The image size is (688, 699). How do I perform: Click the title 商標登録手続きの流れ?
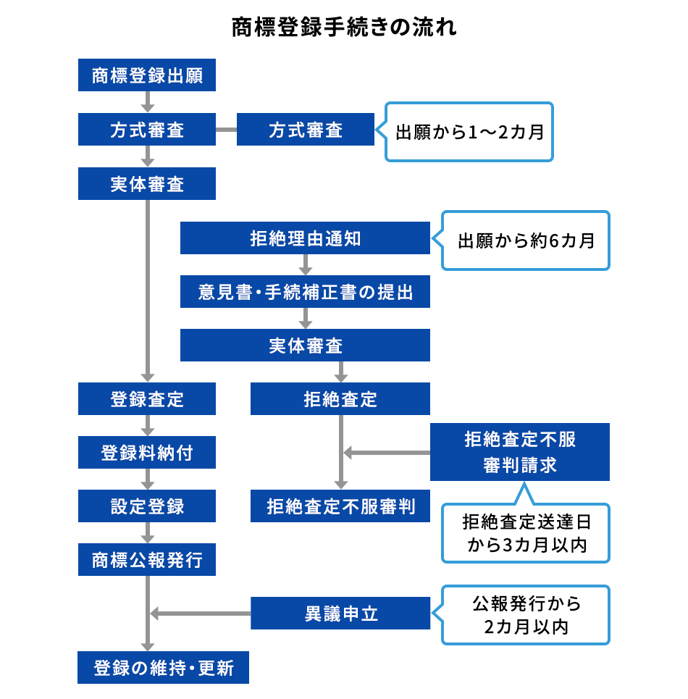pos(344,28)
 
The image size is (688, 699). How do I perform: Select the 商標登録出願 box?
pos(147,75)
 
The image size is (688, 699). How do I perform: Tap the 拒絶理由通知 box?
pos(305,238)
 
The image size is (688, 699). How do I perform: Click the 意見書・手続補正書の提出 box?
pos(305,292)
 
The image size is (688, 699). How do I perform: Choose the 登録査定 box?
pos(147,399)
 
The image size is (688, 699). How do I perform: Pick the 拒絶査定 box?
pos(340,399)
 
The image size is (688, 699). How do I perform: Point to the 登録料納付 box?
pos(147,453)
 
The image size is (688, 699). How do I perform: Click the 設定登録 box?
pos(147,506)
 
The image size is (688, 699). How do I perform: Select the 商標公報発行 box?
pos(147,560)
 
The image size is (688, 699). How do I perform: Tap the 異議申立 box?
pos(340,614)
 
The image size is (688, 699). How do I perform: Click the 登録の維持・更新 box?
pos(164,667)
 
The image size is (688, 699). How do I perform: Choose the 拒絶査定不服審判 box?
pos(340,506)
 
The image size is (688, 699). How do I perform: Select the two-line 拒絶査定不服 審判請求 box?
pos(520,452)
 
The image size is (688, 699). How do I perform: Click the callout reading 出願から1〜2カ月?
pos(469,132)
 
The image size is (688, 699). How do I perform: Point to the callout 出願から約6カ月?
pos(526,240)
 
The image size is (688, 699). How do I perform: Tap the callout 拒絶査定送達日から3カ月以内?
pos(526,533)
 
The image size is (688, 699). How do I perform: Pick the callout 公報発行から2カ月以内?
pos(526,615)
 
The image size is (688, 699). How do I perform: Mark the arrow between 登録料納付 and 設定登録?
pos(147,480)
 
